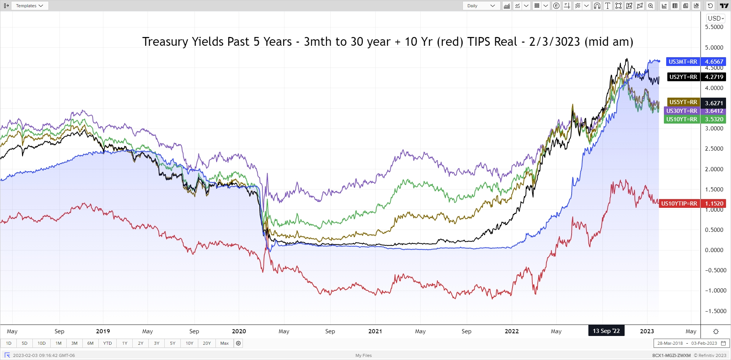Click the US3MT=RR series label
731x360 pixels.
pyautogui.click(x=683, y=62)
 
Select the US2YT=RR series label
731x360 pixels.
pyautogui.click(x=683, y=77)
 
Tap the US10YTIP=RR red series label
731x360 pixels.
pyautogui.click(x=679, y=204)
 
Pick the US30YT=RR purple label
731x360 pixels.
pyautogui.click(x=681, y=111)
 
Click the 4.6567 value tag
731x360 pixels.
pyautogui.click(x=713, y=62)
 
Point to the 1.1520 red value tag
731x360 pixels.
pyautogui.click(x=713, y=204)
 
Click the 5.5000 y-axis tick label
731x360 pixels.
pyautogui.click(x=714, y=27)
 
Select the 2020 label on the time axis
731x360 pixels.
pyautogui.click(x=239, y=331)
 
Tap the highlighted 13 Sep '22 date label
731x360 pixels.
pyautogui.click(x=606, y=331)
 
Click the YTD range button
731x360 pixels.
pyautogui.click(x=108, y=343)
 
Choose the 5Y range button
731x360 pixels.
pyautogui.click(x=173, y=343)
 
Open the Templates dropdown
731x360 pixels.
pyautogui.click(x=29, y=6)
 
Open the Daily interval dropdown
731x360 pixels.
pyautogui.click(x=481, y=6)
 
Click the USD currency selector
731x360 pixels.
pyautogui.click(x=715, y=18)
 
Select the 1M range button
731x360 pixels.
pyautogui.click(x=58, y=343)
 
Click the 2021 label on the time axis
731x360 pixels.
pyautogui.click(x=375, y=331)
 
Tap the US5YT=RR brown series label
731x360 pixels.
pyautogui.click(x=683, y=102)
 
